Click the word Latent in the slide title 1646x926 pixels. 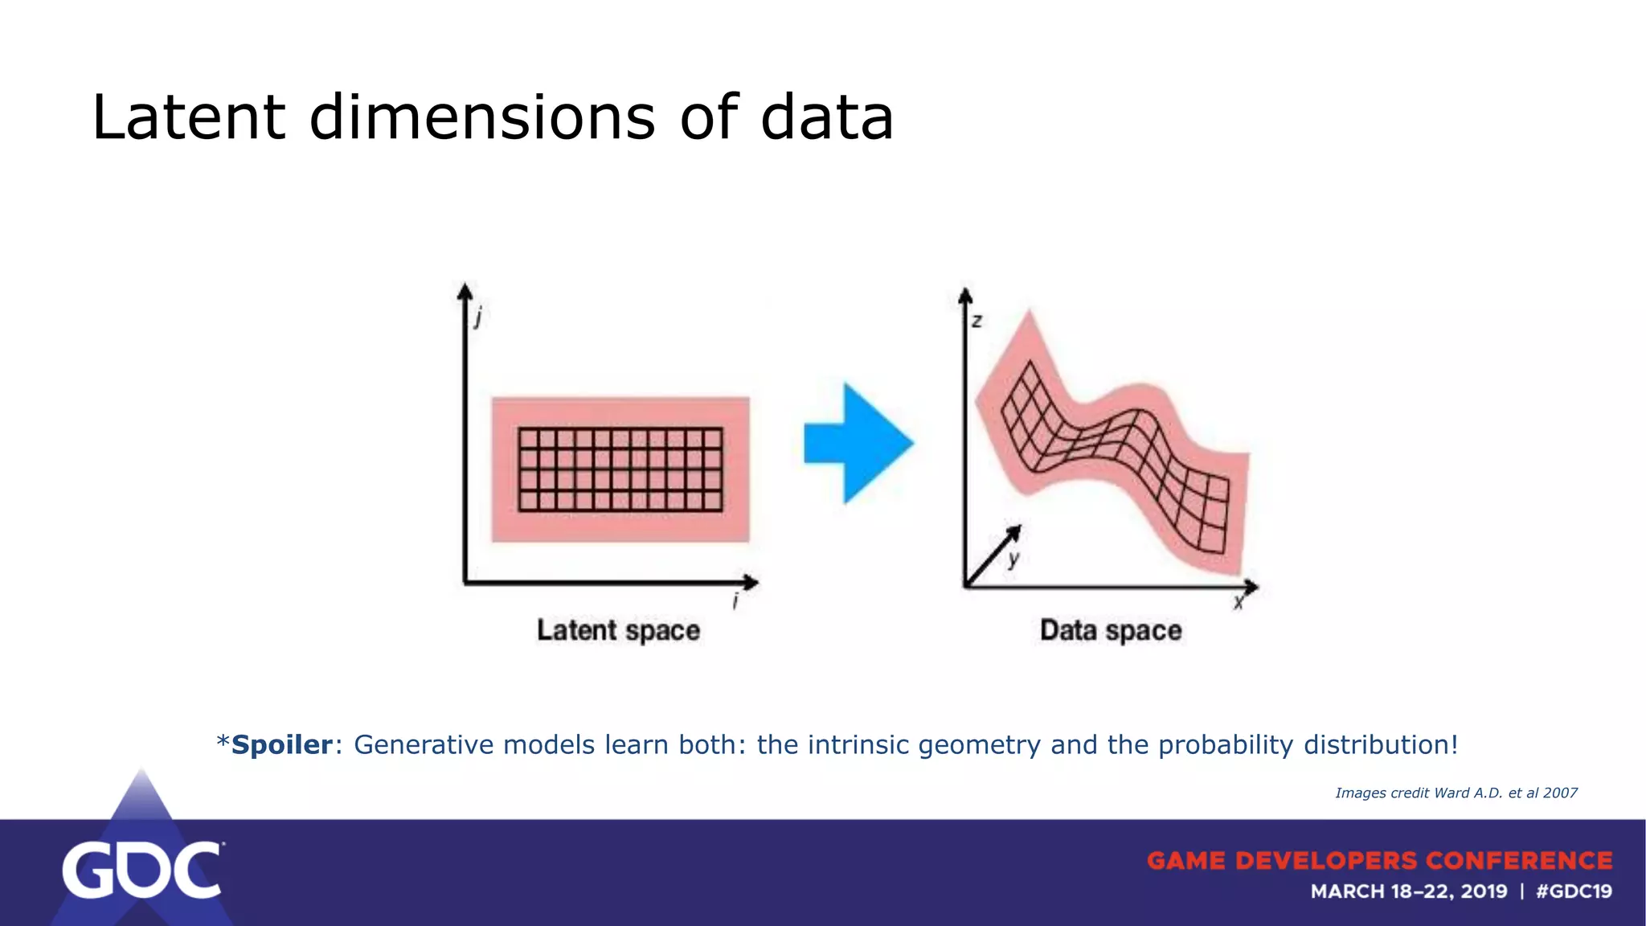[188, 118]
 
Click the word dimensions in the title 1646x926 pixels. [482, 118]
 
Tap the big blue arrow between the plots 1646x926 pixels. [858, 444]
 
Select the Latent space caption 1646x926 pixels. [618, 630]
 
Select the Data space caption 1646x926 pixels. [1111, 630]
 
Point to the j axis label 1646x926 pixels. [479, 318]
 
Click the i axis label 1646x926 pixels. [735, 601]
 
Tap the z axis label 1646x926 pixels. [977, 322]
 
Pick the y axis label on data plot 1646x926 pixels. [1014, 558]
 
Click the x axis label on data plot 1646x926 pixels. [1239, 602]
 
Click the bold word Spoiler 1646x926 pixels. [281, 745]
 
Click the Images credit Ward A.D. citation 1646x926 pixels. [1456, 793]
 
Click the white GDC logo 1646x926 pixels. [142, 871]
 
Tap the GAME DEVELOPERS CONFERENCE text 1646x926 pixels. [1379, 861]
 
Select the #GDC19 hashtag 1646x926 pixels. [1574, 891]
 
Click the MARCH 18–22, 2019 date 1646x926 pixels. [1408, 891]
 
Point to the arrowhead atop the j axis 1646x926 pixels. [465, 290]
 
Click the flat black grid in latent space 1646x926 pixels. [620, 469]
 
